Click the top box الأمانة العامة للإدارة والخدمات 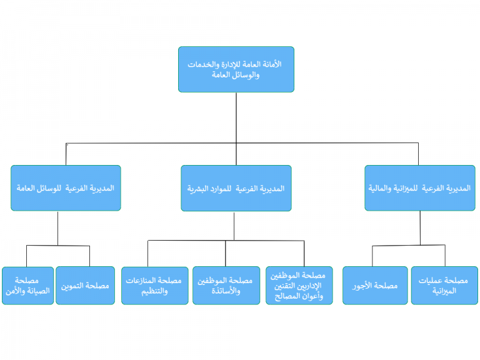(x=236, y=69)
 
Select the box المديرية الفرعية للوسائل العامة (x=66, y=188)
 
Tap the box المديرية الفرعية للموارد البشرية (x=236, y=188)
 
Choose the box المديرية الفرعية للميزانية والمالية (x=420, y=188)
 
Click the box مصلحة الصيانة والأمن (x=28, y=286)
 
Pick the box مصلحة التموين (x=86, y=286)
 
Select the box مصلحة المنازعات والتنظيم (x=154, y=286)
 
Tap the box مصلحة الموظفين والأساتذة (x=226, y=286)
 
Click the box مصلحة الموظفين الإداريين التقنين (x=299, y=286)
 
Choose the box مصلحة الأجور (x=375, y=286)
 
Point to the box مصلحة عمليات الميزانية (x=444, y=286)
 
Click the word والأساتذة (x=226, y=291)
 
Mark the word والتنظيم (x=154, y=291)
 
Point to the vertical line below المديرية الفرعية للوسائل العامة (x=57, y=228)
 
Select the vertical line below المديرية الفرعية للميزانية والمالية (x=420, y=228)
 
